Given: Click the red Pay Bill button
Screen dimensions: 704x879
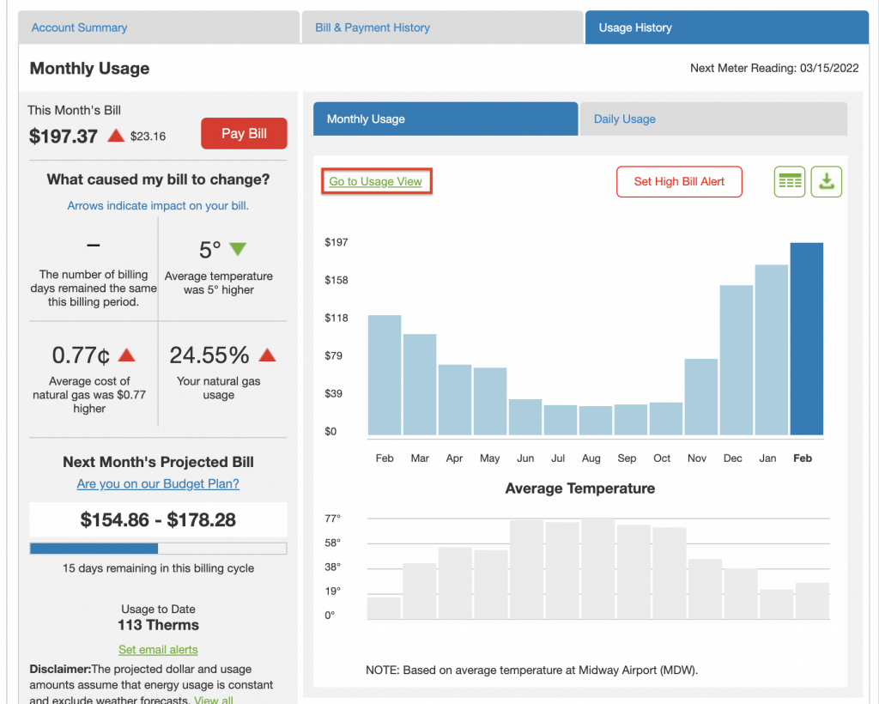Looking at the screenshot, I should click(244, 134).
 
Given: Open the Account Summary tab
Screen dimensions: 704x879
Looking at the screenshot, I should click(79, 27).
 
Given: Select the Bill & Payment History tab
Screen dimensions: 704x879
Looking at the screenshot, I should click(373, 27).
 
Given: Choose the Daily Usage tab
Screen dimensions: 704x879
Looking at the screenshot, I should click(625, 119).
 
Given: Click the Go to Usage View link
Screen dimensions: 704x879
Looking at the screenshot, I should click(376, 182).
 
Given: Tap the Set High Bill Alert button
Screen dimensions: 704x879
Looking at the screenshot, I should click(679, 182).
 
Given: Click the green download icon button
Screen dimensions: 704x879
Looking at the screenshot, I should click(827, 182).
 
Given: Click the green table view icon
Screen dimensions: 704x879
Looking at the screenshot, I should click(789, 182).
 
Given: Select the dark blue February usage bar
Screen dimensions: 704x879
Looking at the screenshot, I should click(806, 338).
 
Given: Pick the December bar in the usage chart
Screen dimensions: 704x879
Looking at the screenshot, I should click(736, 360).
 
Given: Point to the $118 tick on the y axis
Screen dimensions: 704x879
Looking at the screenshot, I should click(336, 318).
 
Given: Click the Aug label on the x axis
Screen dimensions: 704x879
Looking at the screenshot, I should click(591, 458).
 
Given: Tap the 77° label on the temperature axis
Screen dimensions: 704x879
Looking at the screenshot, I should click(332, 519).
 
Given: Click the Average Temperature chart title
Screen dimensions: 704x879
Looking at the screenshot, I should click(579, 489).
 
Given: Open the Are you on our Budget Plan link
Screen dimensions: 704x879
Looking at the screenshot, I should click(158, 484).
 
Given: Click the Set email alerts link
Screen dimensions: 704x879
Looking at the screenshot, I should click(158, 650).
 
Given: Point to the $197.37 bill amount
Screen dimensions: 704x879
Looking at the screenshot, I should click(64, 137).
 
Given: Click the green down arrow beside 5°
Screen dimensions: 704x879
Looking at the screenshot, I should click(238, 249).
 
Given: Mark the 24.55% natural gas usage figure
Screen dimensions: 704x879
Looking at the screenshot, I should click(209, 355).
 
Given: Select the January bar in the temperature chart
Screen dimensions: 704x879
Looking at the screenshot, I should click(776, 604).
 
